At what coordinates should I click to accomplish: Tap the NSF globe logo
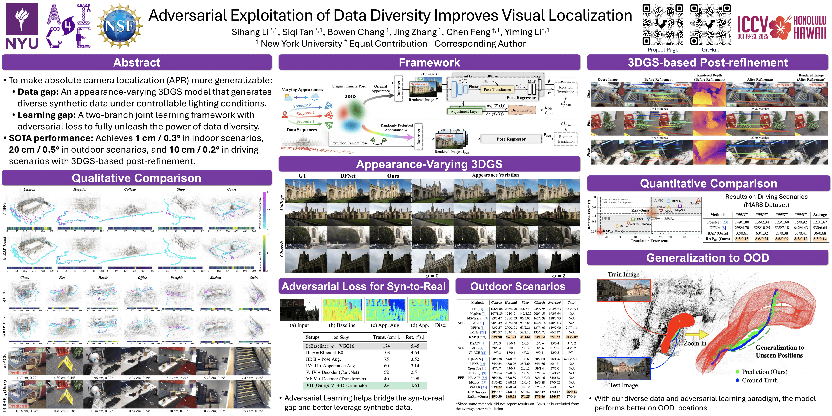click(x=119, y=26)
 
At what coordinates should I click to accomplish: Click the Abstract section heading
click(x=137, y=62)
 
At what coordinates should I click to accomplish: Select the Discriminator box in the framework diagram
click(x=522, y=110)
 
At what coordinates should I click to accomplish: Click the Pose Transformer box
click(x=497, y=90)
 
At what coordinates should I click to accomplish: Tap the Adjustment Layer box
click(x=464, y=111)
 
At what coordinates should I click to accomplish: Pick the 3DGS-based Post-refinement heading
click(x=707, y=62)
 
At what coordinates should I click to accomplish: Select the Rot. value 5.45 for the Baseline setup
click(x=415, y=346)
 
